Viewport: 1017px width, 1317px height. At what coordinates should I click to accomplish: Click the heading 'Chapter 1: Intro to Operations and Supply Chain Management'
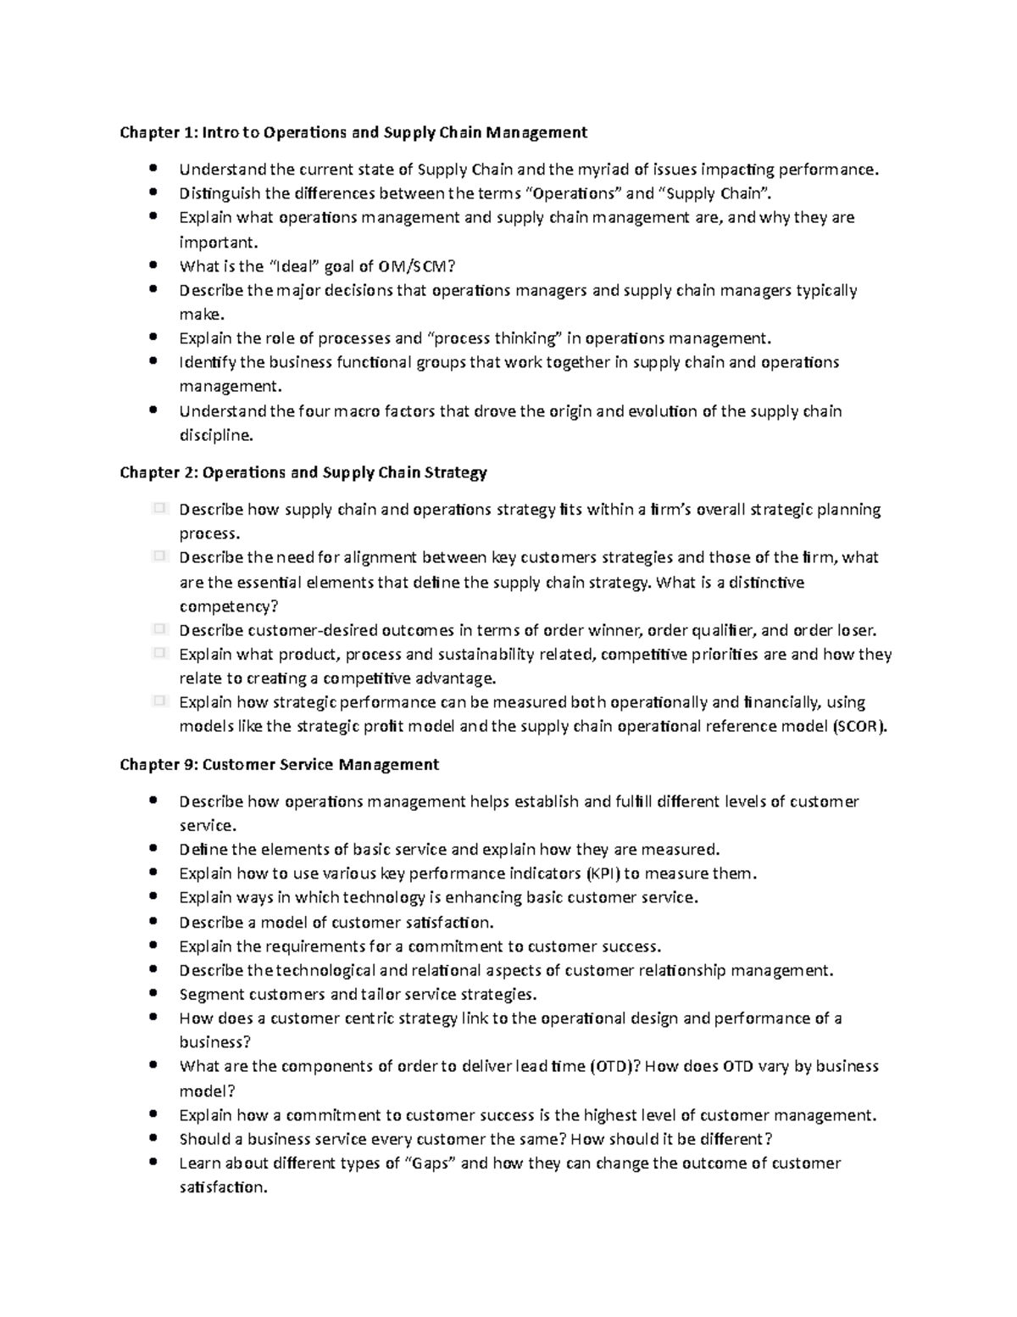pyautogui.click(x=353, y=132)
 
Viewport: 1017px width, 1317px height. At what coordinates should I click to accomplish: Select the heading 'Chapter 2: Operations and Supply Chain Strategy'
pyautogui.click(x=303, y=472)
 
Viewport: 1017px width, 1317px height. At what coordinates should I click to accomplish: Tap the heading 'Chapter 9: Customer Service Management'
pyautogui.click(x=280, y=764)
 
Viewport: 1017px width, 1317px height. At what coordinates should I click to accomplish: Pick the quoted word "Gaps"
pyautogui.click(x=429, y=1163)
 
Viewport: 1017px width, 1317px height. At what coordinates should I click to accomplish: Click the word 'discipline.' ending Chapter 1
pyautogui.click(x=216, y=436)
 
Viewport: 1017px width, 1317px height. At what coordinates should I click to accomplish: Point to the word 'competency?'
pyautogui.click(x=228, y=606)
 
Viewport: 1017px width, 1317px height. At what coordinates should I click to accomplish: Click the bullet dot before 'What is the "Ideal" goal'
pyautogui.click(x=153, y=265)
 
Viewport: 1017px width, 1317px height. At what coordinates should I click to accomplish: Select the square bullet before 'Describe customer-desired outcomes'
pyautogui.click(x=158, y=629)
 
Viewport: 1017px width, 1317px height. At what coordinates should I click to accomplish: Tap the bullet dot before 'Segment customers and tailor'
pyautogui.click(x=153, y=993)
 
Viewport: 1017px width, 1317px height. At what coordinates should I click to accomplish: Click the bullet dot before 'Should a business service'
pyautogui.click(x=153, y=1138)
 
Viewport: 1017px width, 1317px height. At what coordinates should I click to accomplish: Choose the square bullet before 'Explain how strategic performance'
pyautogui.click(x=158, y=701)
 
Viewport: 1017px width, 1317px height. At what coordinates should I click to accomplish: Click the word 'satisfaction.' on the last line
pyautogui.click(x=223, y=1187)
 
